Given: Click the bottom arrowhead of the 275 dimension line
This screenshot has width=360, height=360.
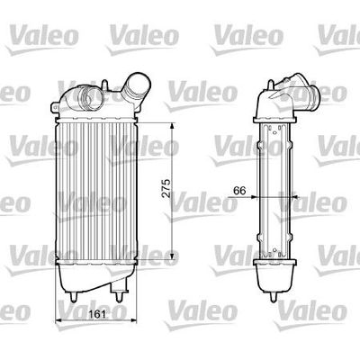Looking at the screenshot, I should coord(171,267).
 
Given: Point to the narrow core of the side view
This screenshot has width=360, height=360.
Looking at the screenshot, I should coord(280,189).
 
